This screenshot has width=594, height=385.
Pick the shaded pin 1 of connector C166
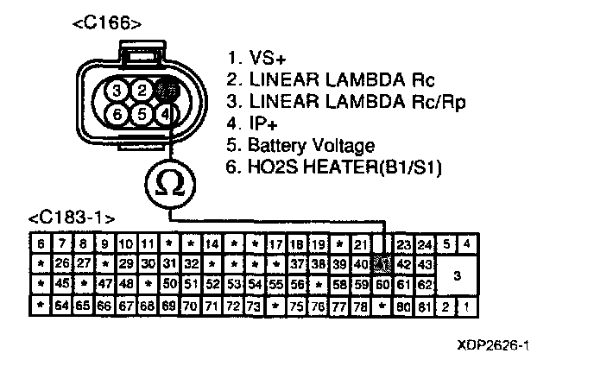coord(168,90)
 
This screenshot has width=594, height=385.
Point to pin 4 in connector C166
coord(168,114)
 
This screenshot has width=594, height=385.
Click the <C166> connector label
coord(107,23)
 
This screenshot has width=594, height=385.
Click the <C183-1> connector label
coord(71,217)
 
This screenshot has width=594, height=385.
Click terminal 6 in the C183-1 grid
coord(41,243)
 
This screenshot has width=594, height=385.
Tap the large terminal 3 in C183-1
coord(457,275)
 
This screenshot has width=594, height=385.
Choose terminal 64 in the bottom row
coord(62,305)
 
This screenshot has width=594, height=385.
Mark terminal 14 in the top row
coord(212,243)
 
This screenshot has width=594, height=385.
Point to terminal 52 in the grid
coord(212,284)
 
